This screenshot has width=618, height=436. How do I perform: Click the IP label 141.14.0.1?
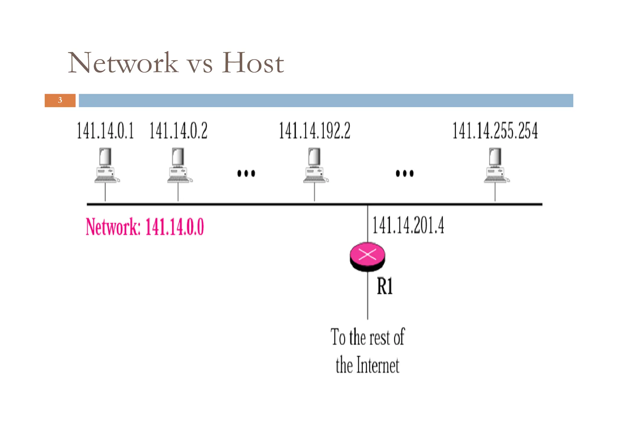coord(105,131)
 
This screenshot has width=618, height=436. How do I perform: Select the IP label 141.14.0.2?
coord(178,131)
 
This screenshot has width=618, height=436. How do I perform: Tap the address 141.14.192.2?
coord(314,131)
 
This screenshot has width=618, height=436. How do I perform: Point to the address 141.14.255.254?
coord(495,131)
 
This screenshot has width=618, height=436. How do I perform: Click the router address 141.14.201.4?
coord(408,225)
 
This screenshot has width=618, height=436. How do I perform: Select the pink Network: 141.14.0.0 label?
coord(145,227)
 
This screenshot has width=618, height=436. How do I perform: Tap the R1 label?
coord(385,286)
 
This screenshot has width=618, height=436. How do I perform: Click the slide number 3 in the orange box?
coord(60,100)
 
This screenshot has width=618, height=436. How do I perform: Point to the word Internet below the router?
coord(378,365)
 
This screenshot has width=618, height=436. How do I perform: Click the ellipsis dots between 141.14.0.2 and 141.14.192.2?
coord(246,173)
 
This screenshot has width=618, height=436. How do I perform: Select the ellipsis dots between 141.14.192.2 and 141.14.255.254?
coord(405,173)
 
